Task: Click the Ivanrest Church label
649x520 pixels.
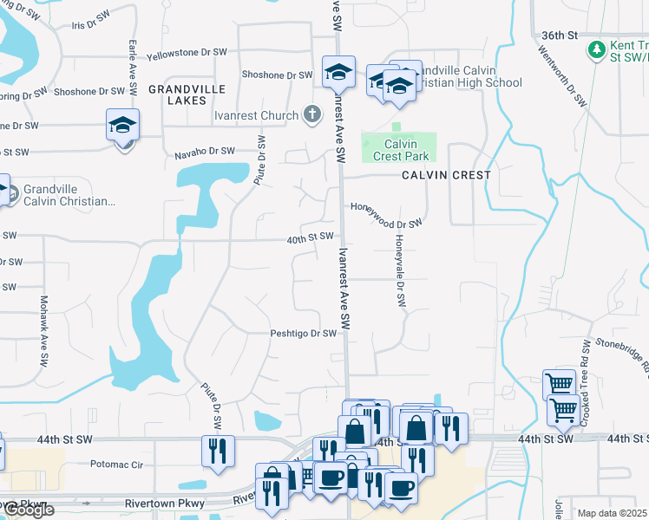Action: pyautogui.click(x=255, y=115)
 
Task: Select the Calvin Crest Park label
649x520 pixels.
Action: pyautogui.click(x=401, y=150)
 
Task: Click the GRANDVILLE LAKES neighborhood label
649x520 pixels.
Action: pyautogui.click(x=187, y=95)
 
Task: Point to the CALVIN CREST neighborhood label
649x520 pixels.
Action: pyautogui.click(x=446, y=175)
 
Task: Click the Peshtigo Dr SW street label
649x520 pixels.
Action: pyautogui.click(x=303, y=334)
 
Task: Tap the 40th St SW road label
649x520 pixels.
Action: pyautogui.click(x=311, y=237)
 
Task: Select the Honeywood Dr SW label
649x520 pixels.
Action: pyautogui.click(x=386, y=215)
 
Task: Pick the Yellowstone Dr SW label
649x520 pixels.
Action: pyautogui.click(x=187, y=53)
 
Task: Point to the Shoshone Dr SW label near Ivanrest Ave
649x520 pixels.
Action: pyautogui.click(x=277, y=75)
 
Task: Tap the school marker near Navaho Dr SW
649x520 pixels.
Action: pyautogui.click(x=123, y=126)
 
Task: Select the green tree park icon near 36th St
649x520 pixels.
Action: pyautogui.click(x=596, y=49)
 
